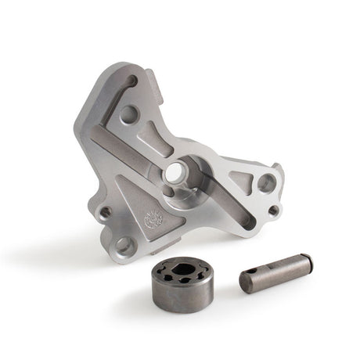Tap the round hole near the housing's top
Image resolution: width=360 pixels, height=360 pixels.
click(x=130, y=113)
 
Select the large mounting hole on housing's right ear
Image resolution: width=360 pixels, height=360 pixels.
click(x=266, y=182)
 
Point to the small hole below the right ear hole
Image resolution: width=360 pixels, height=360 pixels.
click(x=272, y=210)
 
